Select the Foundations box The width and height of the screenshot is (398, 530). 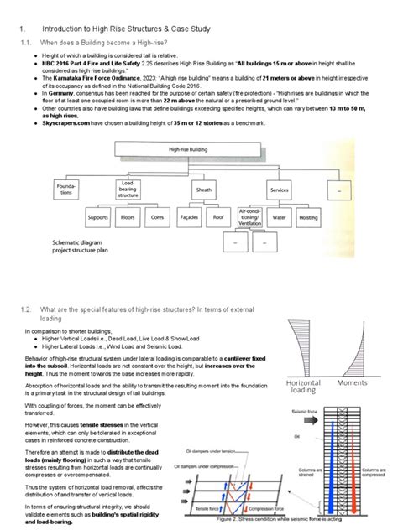tap(66, 187)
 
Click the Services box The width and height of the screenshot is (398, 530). tap(280, 190)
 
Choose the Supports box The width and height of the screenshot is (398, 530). tap(98, 218)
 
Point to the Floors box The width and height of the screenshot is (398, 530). tap(128, 218)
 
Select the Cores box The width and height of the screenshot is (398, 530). tap(157, 218)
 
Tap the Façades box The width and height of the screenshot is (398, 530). tap(189, 218)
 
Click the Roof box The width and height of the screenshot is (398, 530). tap(219, 218)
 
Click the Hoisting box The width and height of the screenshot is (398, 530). tap(309, 218)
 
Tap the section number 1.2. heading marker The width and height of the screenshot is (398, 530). tap(25, 309)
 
